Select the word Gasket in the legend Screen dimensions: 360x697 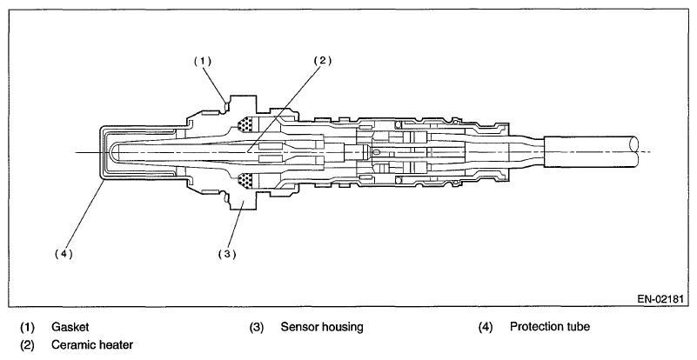(x=70, y=328)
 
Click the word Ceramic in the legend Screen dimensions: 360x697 (x=71, y=345)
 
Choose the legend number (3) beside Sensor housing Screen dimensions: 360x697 (x=257, y=328)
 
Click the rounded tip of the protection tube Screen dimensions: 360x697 (x=103, y=153)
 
